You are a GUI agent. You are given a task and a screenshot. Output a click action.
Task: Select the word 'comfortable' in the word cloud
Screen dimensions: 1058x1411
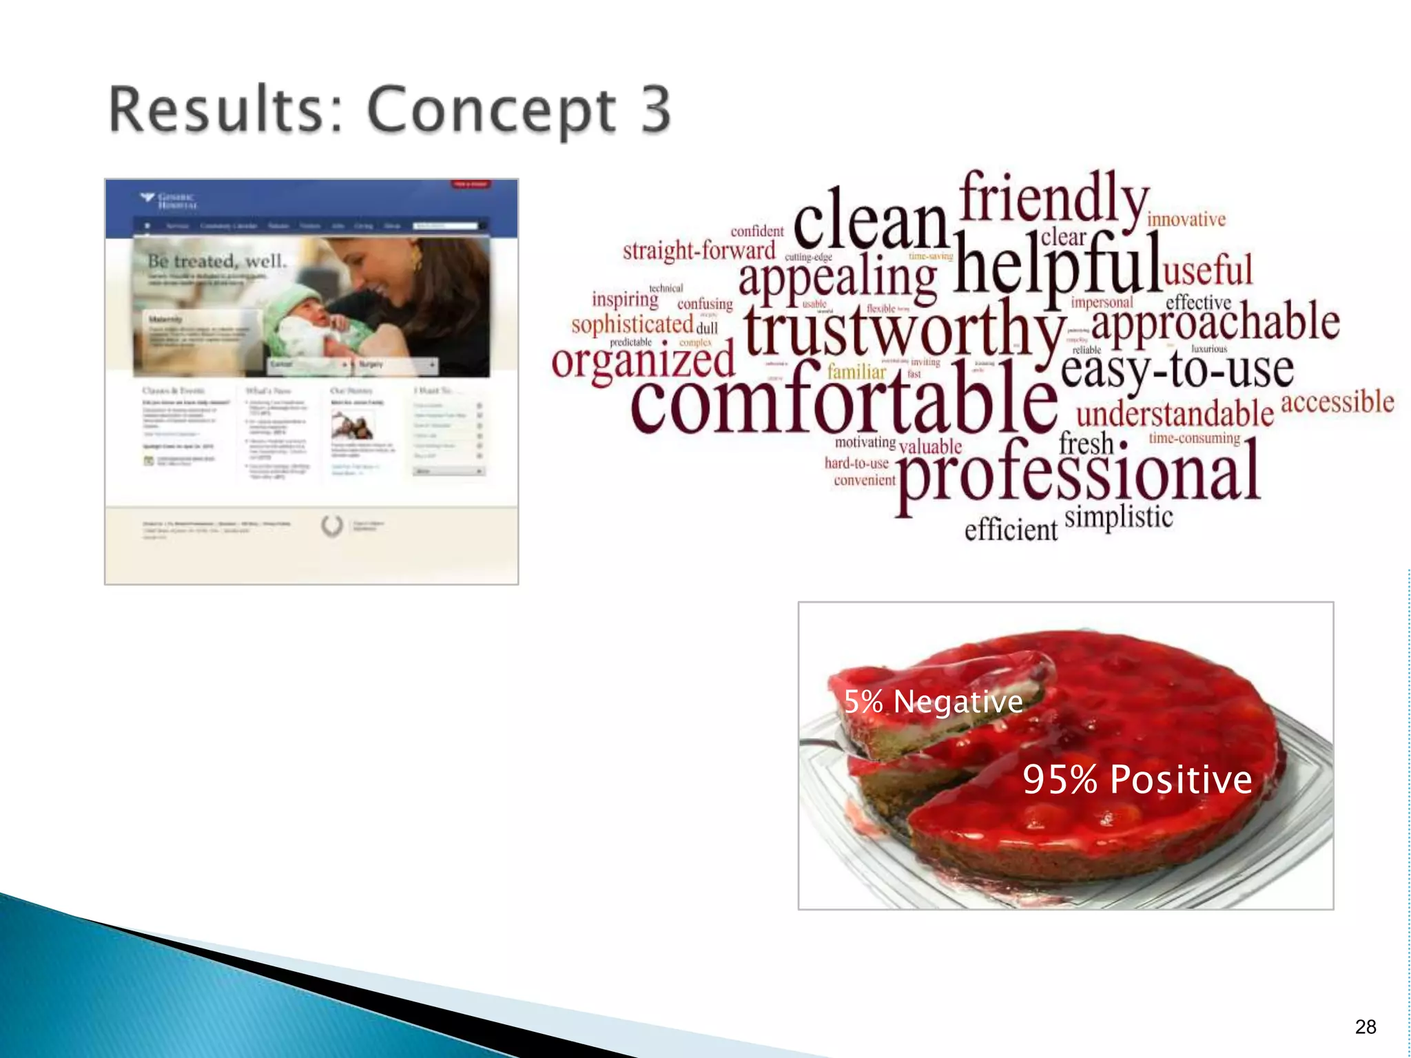pos(843,400)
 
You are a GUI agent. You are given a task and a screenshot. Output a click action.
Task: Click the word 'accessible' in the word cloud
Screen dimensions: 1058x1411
pos(1337,401)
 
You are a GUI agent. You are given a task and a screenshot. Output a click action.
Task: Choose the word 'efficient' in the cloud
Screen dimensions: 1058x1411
pos(1010,529)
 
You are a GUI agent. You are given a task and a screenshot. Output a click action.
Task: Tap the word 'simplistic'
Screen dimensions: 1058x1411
pos(1118,517)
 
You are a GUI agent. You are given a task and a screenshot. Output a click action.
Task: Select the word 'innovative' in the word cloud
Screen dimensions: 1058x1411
pos(1186,219)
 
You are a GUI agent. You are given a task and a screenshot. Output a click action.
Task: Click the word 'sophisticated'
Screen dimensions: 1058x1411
pos(632,324)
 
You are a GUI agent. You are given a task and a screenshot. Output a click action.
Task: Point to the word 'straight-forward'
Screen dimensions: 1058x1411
pos(699,250)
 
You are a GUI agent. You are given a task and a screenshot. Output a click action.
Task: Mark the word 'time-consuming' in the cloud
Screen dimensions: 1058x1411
pos(1194,438)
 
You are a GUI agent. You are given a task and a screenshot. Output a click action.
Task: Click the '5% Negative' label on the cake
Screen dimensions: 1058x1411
pos(933,702)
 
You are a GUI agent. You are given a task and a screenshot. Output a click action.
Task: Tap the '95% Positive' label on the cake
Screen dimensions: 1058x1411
pos(1137,780)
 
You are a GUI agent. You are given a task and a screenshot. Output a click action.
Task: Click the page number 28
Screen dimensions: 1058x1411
pos(1365,1027)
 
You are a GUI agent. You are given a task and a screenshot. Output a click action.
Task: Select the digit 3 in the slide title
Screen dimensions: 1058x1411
pos(655,110)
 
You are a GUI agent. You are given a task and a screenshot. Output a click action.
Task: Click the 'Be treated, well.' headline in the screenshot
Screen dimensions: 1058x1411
pos(217,261)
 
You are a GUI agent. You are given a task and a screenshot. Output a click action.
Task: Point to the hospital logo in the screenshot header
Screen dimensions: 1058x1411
pos(169,200)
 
